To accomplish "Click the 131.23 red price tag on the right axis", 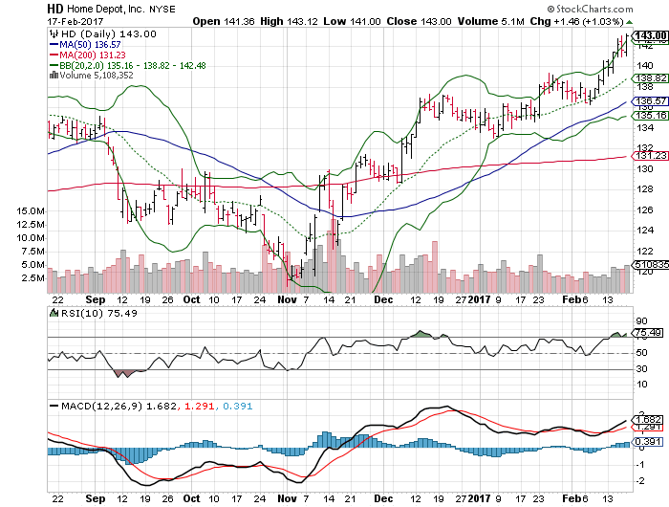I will coord(650,156).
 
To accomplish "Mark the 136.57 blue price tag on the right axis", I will coord(650,101).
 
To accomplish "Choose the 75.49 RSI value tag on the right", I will coord(650,332).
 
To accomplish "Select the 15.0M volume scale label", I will coord(32,210).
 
